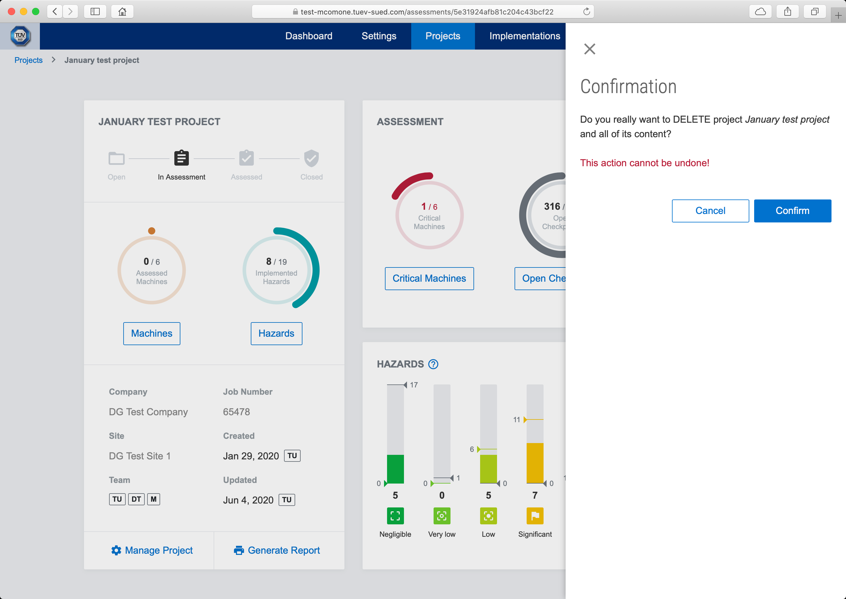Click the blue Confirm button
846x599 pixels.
[x=792, y=211]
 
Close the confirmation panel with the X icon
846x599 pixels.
[x=589, y=49]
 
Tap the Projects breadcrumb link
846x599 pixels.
[x=28, y=60]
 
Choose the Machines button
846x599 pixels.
[x=152, y=333]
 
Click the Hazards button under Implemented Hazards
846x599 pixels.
[x=276, y=333]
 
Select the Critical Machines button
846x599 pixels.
[x=429, y=278]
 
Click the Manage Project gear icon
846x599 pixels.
[x=116, y=550]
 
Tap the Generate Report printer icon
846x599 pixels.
[x=239, y=550]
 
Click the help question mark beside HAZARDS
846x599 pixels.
[x=433, y=364]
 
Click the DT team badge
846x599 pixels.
[x=136, y=499]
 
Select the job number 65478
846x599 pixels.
[x=236, y=412]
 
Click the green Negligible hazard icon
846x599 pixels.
[x=395, y=516]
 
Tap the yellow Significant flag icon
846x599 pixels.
[x=535, y=516]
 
